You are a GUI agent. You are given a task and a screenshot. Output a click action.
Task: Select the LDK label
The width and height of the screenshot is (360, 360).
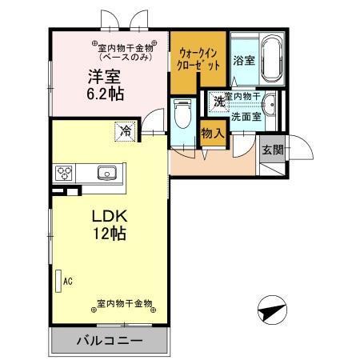(107, 218)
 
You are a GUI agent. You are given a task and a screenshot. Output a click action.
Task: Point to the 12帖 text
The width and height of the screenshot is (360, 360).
(107, 236)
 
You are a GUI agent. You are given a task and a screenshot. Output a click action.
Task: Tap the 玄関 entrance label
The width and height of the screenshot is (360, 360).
(271, 150)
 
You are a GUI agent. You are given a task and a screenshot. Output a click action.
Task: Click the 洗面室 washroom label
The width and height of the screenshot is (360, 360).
(246, 117)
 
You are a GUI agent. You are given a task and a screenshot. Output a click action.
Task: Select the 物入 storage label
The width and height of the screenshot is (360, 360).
(212, 134)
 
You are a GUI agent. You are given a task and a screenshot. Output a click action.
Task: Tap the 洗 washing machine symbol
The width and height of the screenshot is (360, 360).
(218, 102)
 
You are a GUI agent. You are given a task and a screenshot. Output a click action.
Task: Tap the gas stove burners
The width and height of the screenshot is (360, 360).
(65, 172)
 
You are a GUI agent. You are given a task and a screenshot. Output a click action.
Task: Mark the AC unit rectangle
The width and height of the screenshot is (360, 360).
(58, 282)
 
